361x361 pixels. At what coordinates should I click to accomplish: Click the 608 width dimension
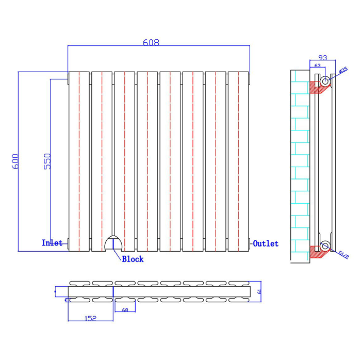151,43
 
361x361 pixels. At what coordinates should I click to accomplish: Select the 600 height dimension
15,161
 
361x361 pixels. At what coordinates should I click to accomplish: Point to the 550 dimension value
47,161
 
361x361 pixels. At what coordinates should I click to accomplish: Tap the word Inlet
52,243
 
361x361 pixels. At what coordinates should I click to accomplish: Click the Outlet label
266,243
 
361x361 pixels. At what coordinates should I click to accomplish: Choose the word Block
133,259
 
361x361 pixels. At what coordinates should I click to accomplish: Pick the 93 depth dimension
322,57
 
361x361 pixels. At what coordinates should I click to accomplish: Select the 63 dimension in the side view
318,65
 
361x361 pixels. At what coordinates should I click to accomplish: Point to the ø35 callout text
343,70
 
